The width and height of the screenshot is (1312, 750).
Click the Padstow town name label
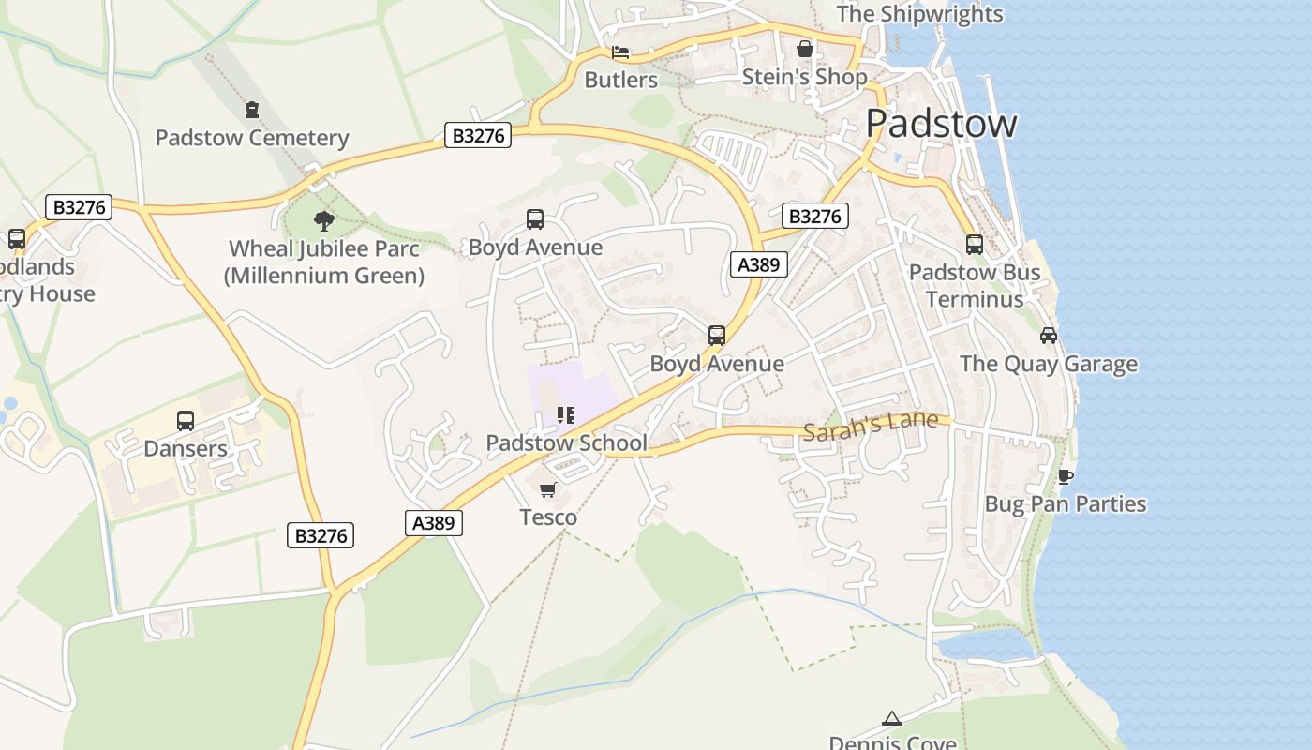(941, 124)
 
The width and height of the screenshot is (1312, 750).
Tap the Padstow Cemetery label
(251, 138)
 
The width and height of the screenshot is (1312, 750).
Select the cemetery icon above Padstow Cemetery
(251, 110)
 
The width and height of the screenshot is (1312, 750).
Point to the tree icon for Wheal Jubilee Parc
(324, 221)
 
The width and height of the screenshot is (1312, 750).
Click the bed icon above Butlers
(620, 52)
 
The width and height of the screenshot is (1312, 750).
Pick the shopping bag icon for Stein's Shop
(804, 49)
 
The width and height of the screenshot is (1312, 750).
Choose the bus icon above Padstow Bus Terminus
(975, 245)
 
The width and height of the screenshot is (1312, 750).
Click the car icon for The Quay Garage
(1048, 336)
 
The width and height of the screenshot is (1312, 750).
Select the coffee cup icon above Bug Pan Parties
(1065, 476)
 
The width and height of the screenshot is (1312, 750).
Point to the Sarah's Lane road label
(871, 426)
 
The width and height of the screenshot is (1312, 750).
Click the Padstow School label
(566, 442)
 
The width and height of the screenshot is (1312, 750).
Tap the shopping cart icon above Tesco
(548, 489)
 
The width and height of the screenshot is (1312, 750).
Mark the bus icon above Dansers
(186, 421)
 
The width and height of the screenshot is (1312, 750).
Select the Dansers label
(186, 448)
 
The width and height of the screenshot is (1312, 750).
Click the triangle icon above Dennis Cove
(891, 719)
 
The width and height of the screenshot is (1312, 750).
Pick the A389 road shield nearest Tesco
(435, 523)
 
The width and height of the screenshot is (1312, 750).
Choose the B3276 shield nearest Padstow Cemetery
(478, 136)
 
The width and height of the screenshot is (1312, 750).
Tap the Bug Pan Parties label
(1065, 504)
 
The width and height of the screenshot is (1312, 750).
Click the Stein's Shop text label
(804, 77)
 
